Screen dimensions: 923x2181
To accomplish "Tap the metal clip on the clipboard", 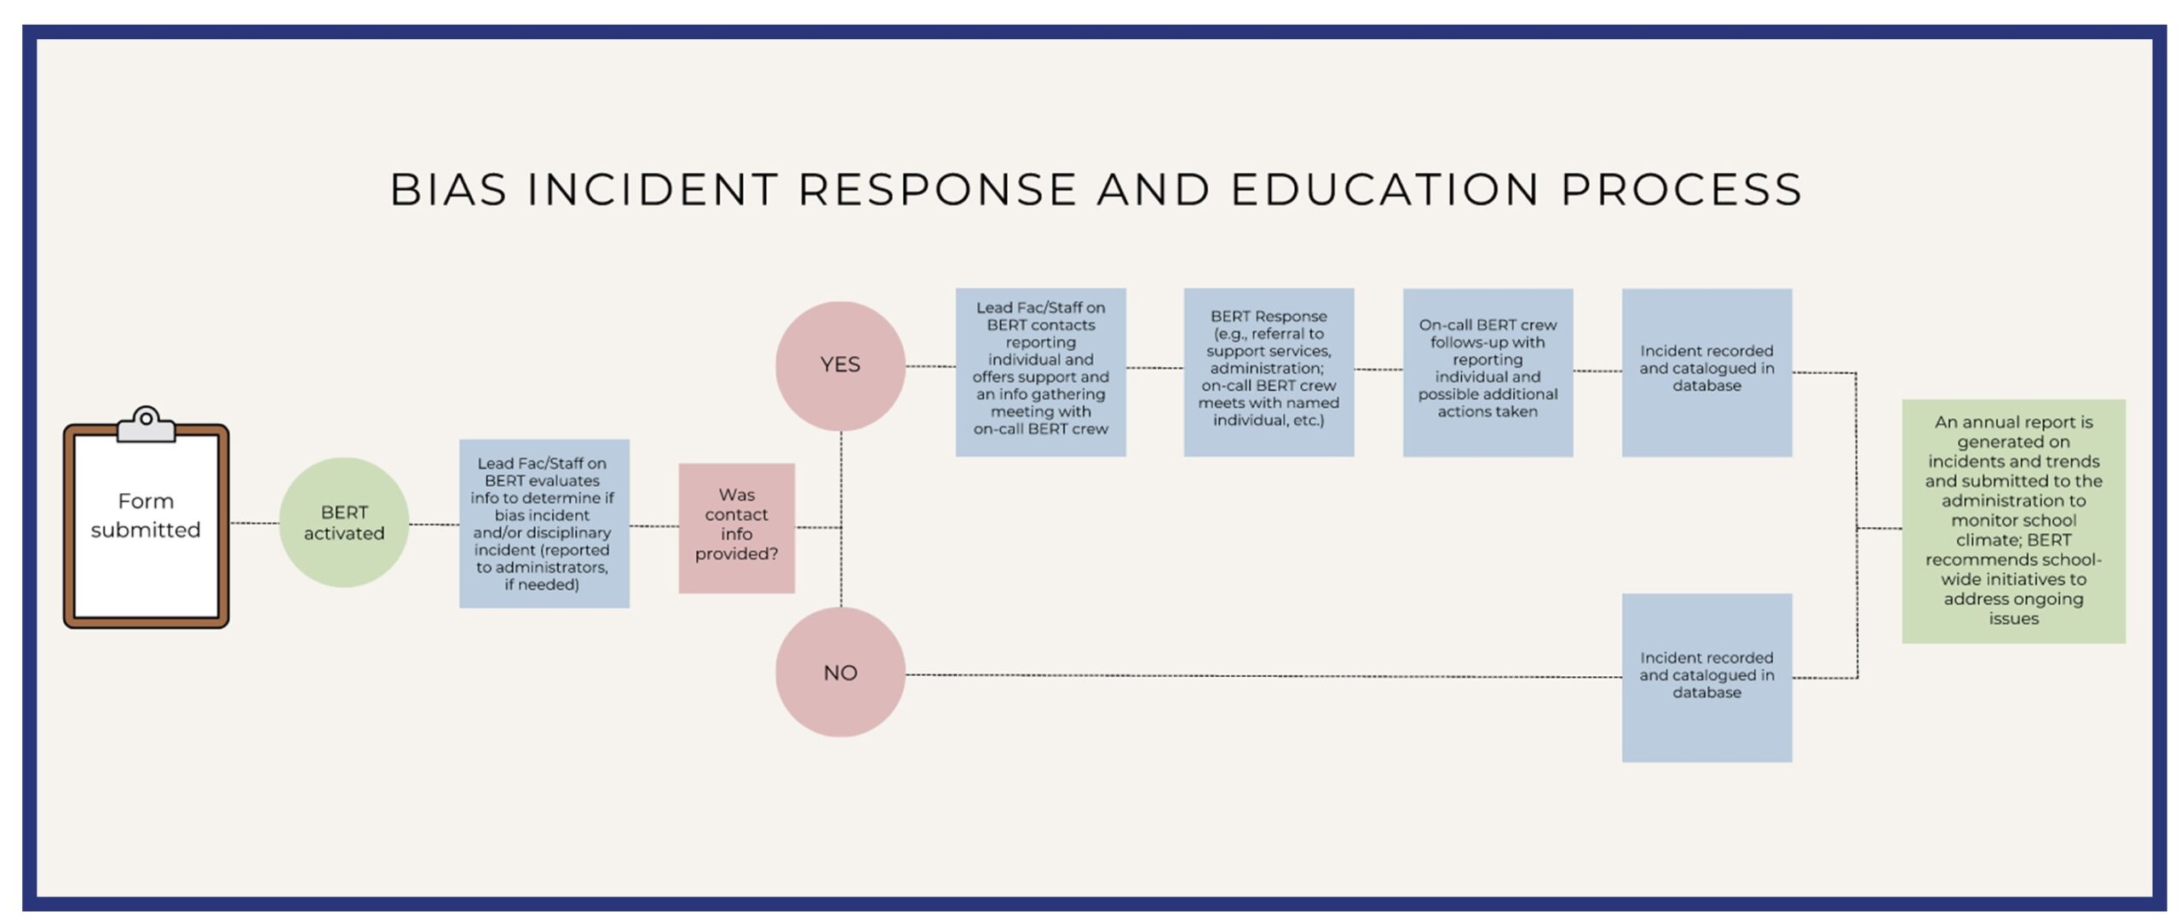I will click(146, 423).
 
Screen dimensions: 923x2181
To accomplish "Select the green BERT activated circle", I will click(344, 522).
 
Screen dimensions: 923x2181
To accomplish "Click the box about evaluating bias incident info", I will click(544, 523).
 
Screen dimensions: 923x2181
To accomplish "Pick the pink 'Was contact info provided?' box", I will click(736, 527).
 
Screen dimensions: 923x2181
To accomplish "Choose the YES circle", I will click(840, 365).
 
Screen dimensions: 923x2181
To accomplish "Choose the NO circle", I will click(840, 672).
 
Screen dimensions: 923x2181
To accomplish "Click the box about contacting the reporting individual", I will click(1040, 371).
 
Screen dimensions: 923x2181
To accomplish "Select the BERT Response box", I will click(1268, 371).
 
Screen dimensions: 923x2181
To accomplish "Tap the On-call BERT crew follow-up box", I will click(1488, 371).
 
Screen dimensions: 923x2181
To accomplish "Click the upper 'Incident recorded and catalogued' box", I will click(1706, 371).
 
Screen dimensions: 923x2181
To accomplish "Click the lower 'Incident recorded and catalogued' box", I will click(1706, 677).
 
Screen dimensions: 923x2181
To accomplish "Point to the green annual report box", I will click(2013, 520).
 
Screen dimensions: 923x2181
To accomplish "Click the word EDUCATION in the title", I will click(1384, 189).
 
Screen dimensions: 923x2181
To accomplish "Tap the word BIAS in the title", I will click(448, 189).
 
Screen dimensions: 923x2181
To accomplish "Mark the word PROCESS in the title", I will click(1681, 189).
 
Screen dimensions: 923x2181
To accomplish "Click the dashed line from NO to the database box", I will click(1261, 676).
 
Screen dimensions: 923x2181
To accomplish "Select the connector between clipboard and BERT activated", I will click(254, 523).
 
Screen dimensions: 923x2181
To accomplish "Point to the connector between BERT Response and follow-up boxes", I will click(1378, 370).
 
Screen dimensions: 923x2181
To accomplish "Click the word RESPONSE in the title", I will click(937, 189).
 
